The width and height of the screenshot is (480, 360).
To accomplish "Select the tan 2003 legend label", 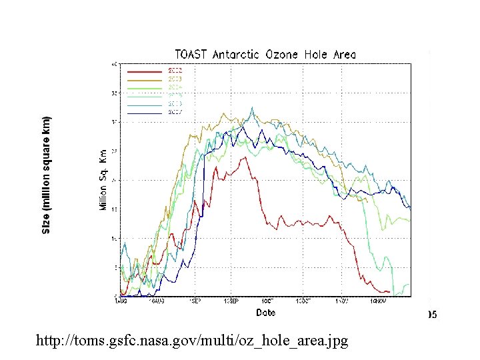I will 175,79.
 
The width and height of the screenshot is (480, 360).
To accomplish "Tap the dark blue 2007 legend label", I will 175,113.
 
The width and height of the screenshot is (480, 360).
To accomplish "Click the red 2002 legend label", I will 175,70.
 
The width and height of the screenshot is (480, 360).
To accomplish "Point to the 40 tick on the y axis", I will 115,64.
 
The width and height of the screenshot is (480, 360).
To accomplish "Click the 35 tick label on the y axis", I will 115,93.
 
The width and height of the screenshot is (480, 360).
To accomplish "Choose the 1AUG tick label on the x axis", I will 120,301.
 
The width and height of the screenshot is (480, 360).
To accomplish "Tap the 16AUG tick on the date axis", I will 157,301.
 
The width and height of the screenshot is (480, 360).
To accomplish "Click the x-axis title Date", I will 265,312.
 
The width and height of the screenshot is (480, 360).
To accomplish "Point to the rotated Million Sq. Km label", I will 104,180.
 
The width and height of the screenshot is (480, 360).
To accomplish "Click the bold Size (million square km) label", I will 46,175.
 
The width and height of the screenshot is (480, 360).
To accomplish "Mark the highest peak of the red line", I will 247,157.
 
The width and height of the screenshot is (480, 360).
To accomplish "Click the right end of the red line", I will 389,291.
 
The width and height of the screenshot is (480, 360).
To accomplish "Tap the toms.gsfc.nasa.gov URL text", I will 193,341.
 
